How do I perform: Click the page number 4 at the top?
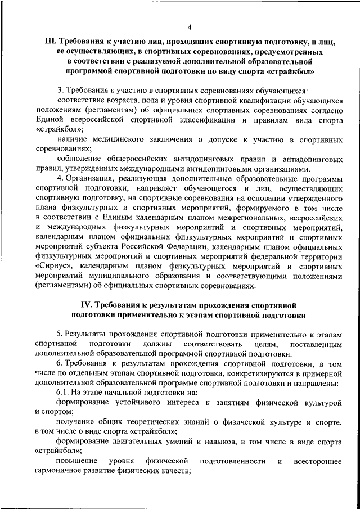pos(190,26)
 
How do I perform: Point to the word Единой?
pos(50,120)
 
